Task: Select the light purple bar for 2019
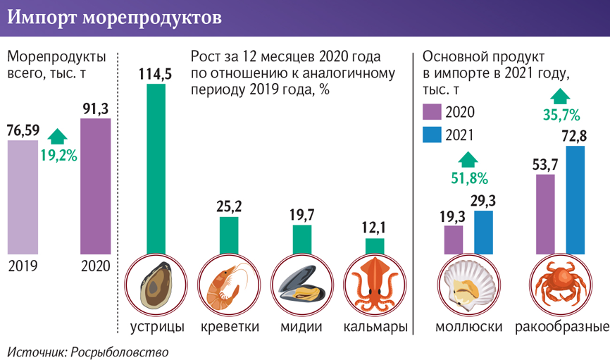(x=23, y=197)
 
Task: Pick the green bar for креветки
(x=229, y=234)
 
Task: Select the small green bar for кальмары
(x=375, y=244)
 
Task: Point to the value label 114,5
(x=156, y=74)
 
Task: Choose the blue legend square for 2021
(x=431, y=135)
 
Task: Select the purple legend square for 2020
(x=431, y=111)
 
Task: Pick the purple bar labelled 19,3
(x=454, y=240)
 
